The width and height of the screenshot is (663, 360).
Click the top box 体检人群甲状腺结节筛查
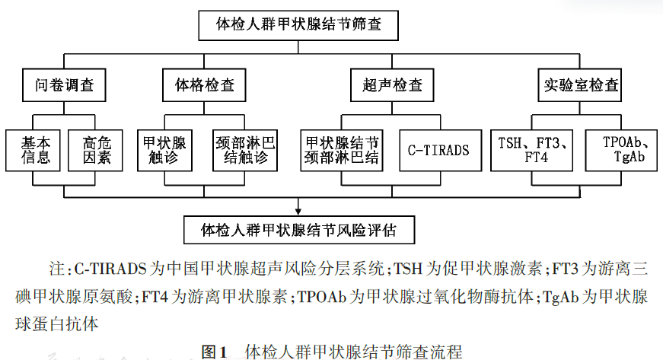(x=298, y=24)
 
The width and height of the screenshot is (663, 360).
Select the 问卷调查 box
(x=63, y=84)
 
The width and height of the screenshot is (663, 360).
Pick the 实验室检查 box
(x=581, y=84)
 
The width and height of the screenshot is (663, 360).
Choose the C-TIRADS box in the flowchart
(x=438, y=150)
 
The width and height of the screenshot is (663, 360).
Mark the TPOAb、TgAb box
(x=621, y=149)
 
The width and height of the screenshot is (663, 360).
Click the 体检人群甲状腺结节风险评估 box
(x=297, y=228)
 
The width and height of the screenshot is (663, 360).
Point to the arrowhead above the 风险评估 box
(x=298, y=210)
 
